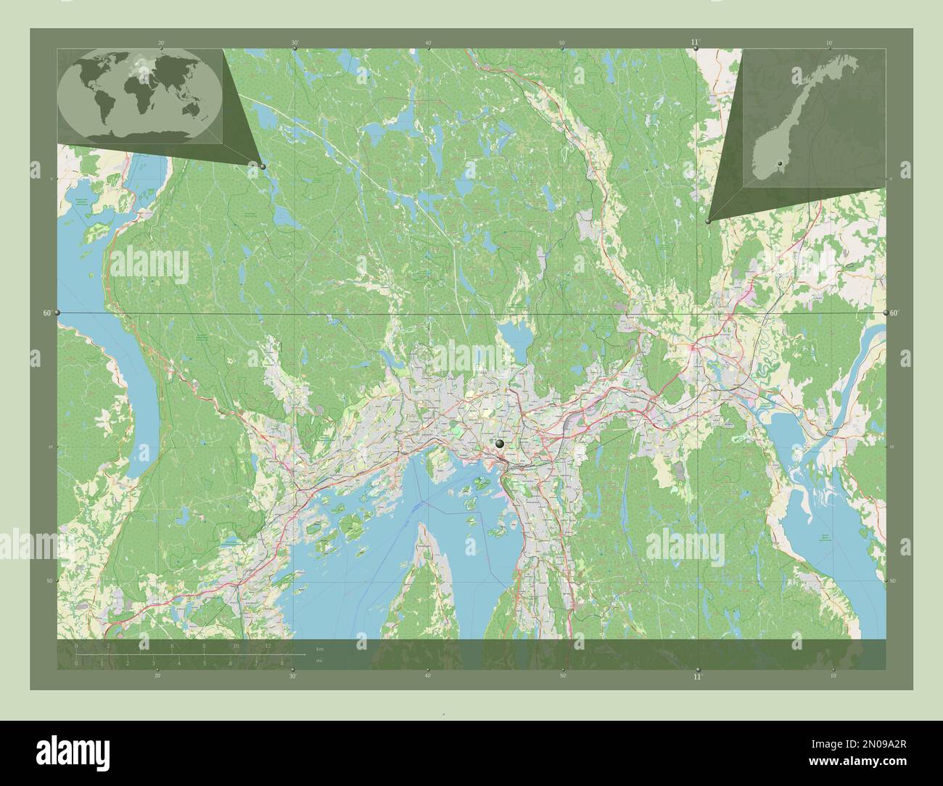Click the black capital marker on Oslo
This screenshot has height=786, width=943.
500,443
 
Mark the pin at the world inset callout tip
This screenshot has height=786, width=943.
263,166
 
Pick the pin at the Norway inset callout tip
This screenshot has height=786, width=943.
708,222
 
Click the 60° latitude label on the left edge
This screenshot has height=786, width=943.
47,313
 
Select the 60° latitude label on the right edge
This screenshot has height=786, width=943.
895,313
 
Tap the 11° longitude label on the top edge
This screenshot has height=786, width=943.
696,43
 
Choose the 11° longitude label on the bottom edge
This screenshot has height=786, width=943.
697,677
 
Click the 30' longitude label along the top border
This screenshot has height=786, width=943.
295,43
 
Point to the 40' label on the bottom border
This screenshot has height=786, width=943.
428,677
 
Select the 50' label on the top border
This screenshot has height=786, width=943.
562,43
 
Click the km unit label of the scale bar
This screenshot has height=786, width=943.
319,648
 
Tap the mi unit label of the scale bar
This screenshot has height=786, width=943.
318,661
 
